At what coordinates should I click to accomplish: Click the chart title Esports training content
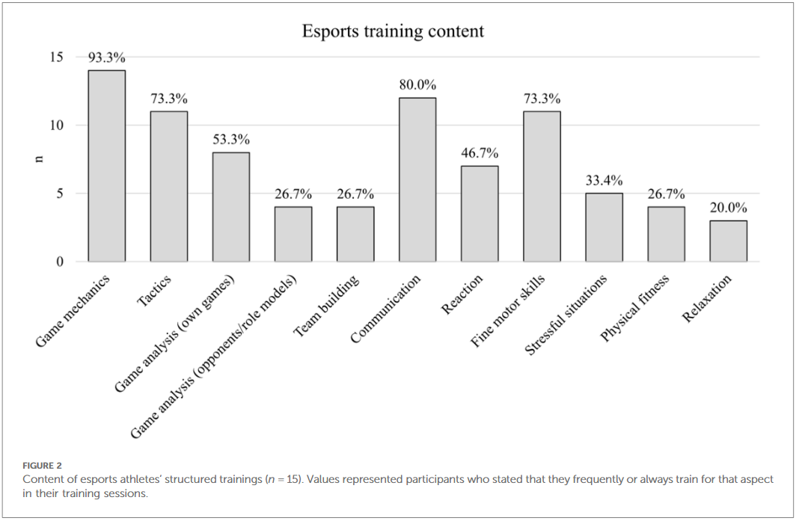point(393,31)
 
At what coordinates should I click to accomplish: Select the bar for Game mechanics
point(107,166)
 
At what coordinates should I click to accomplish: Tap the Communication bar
point(417,179)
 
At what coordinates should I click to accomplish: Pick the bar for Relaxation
point(728,241)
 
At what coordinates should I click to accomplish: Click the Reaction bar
point(480,214)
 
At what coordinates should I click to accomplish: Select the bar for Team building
point(355,234)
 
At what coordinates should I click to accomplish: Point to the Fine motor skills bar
point(542,187)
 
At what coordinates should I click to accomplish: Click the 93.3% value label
point(107,58)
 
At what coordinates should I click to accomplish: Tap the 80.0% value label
point(417,85)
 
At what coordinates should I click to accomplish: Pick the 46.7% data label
point(480,153)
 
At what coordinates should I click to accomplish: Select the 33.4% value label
point(604,181)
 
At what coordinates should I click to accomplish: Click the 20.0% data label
point(728,208)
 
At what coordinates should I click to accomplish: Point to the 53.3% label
point(231,140)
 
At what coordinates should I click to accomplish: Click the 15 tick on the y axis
point(57,58)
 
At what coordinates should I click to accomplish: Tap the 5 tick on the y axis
point(61,194)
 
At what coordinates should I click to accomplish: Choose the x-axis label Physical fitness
point(634,308)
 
